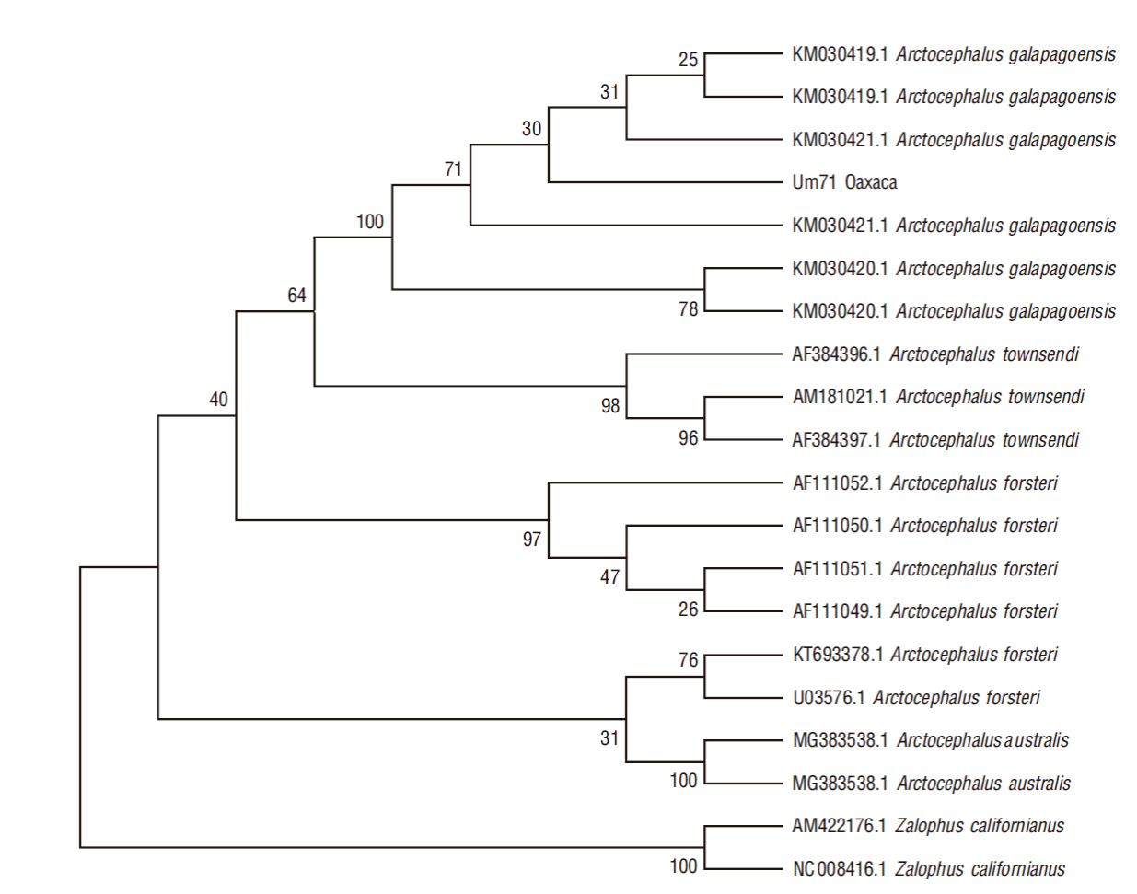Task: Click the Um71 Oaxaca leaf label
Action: (x=844, y=182)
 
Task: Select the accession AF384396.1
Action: (x=836, y=354)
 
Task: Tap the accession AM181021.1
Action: (x=840, y=397)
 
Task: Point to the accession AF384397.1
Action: (x=836, y=439)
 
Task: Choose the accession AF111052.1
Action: (x=838, y=483)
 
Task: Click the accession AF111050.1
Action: (x=838, y=526)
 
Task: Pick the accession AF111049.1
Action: (x=838, y=611)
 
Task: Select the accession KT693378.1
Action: (x=838, y=655)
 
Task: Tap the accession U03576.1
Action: (x=829, y=698)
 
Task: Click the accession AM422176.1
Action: (x=839, y=826)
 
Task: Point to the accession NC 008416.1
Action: (x=840, y=869)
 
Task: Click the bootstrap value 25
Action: (x=689, y=60)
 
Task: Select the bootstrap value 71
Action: (x=453, y=169)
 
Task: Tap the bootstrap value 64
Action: (x=297, y=295)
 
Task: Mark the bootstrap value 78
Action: (x=689, y=309)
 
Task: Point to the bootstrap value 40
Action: (x=219, y=400)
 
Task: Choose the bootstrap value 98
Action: (x=610, y=406)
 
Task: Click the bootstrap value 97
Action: (x=532, y=540)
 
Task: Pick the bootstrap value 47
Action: (x=609, y=577)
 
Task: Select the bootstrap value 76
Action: (x=689, y=660)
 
